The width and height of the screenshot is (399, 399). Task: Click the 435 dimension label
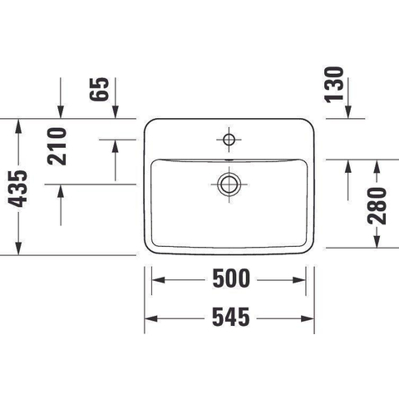[17, 189]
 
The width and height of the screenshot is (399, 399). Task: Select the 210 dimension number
[57, 146]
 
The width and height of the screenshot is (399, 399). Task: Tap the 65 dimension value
[99, 89]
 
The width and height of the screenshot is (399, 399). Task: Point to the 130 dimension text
[334, 85]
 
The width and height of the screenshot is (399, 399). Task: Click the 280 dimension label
[377, 206]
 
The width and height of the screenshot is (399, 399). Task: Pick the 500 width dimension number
[231, 278]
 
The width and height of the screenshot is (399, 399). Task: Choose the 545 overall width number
[231, 317]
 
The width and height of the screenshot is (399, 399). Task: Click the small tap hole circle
[229, 140]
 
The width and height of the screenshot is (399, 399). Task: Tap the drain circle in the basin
[229, 185]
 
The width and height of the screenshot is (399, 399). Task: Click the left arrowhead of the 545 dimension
[151, 318]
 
